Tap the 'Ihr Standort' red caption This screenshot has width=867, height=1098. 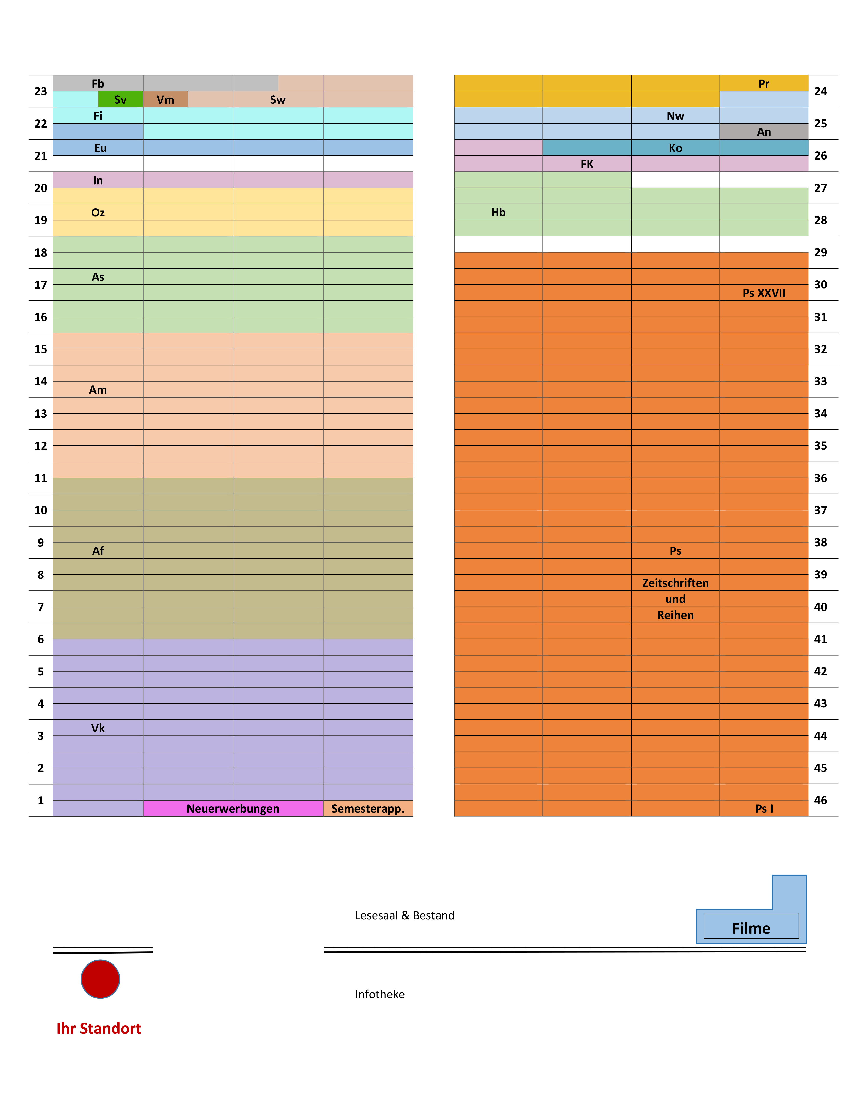coord(99,1029)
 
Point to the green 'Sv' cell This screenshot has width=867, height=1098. coord(120,100)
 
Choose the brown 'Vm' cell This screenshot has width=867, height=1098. coord(165,100)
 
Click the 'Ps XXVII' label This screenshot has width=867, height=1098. coord(764,293)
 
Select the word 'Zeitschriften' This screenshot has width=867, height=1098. coord(675,583)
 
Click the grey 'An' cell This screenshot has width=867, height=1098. coord(764,132)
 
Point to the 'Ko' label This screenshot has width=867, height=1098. coord(675,148)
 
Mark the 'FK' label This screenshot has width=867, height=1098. coord(587,164)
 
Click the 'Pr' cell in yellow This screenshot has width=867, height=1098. coord(764,83)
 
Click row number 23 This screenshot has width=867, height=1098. coord(41,91)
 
